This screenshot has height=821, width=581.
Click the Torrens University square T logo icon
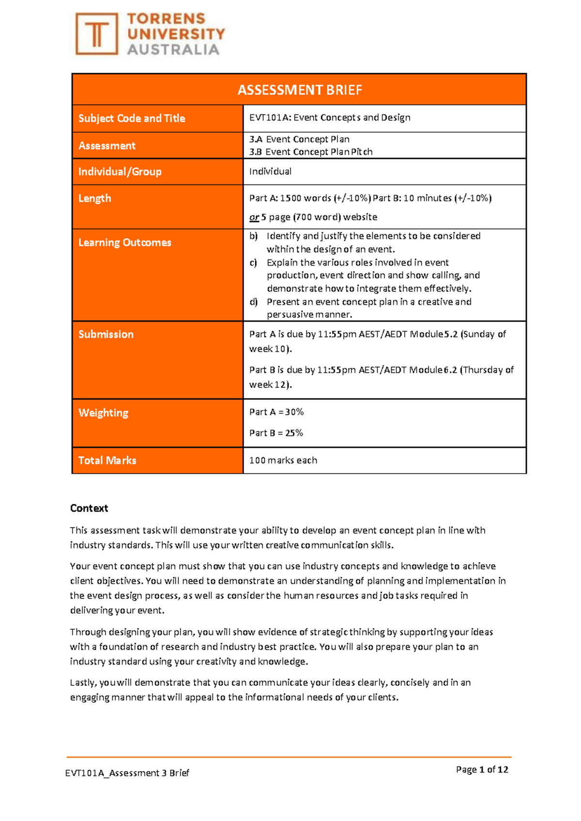[x=97, y=34]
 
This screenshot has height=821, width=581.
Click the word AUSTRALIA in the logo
[x=173, y=49]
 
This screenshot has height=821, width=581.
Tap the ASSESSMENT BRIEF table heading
[x=299, y=90]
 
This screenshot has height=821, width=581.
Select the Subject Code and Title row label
[x=132, y=118]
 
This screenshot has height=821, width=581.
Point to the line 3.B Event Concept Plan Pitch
[x=310, y=152]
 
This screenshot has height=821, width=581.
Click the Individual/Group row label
[x=120, y=171]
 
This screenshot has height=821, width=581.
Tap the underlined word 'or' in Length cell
[x=254, y=217]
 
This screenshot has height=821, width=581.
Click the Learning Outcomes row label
[x=124, y=242]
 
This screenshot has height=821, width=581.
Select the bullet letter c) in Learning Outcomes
[x=253, y=263]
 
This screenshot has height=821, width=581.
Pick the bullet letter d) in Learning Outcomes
[x=253, y=302]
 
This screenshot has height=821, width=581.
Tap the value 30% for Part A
[x=294, y=412]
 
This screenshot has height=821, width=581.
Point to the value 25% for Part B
[x=293, y=433]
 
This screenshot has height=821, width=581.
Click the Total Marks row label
[x=107, y=460]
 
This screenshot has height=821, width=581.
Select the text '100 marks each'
[x=283, y=460]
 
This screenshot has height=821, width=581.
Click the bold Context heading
[x=89, y=508]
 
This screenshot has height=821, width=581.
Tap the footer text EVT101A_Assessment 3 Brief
[x=127, y=773]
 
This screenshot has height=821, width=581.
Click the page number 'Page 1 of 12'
[x=482, y=769]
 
